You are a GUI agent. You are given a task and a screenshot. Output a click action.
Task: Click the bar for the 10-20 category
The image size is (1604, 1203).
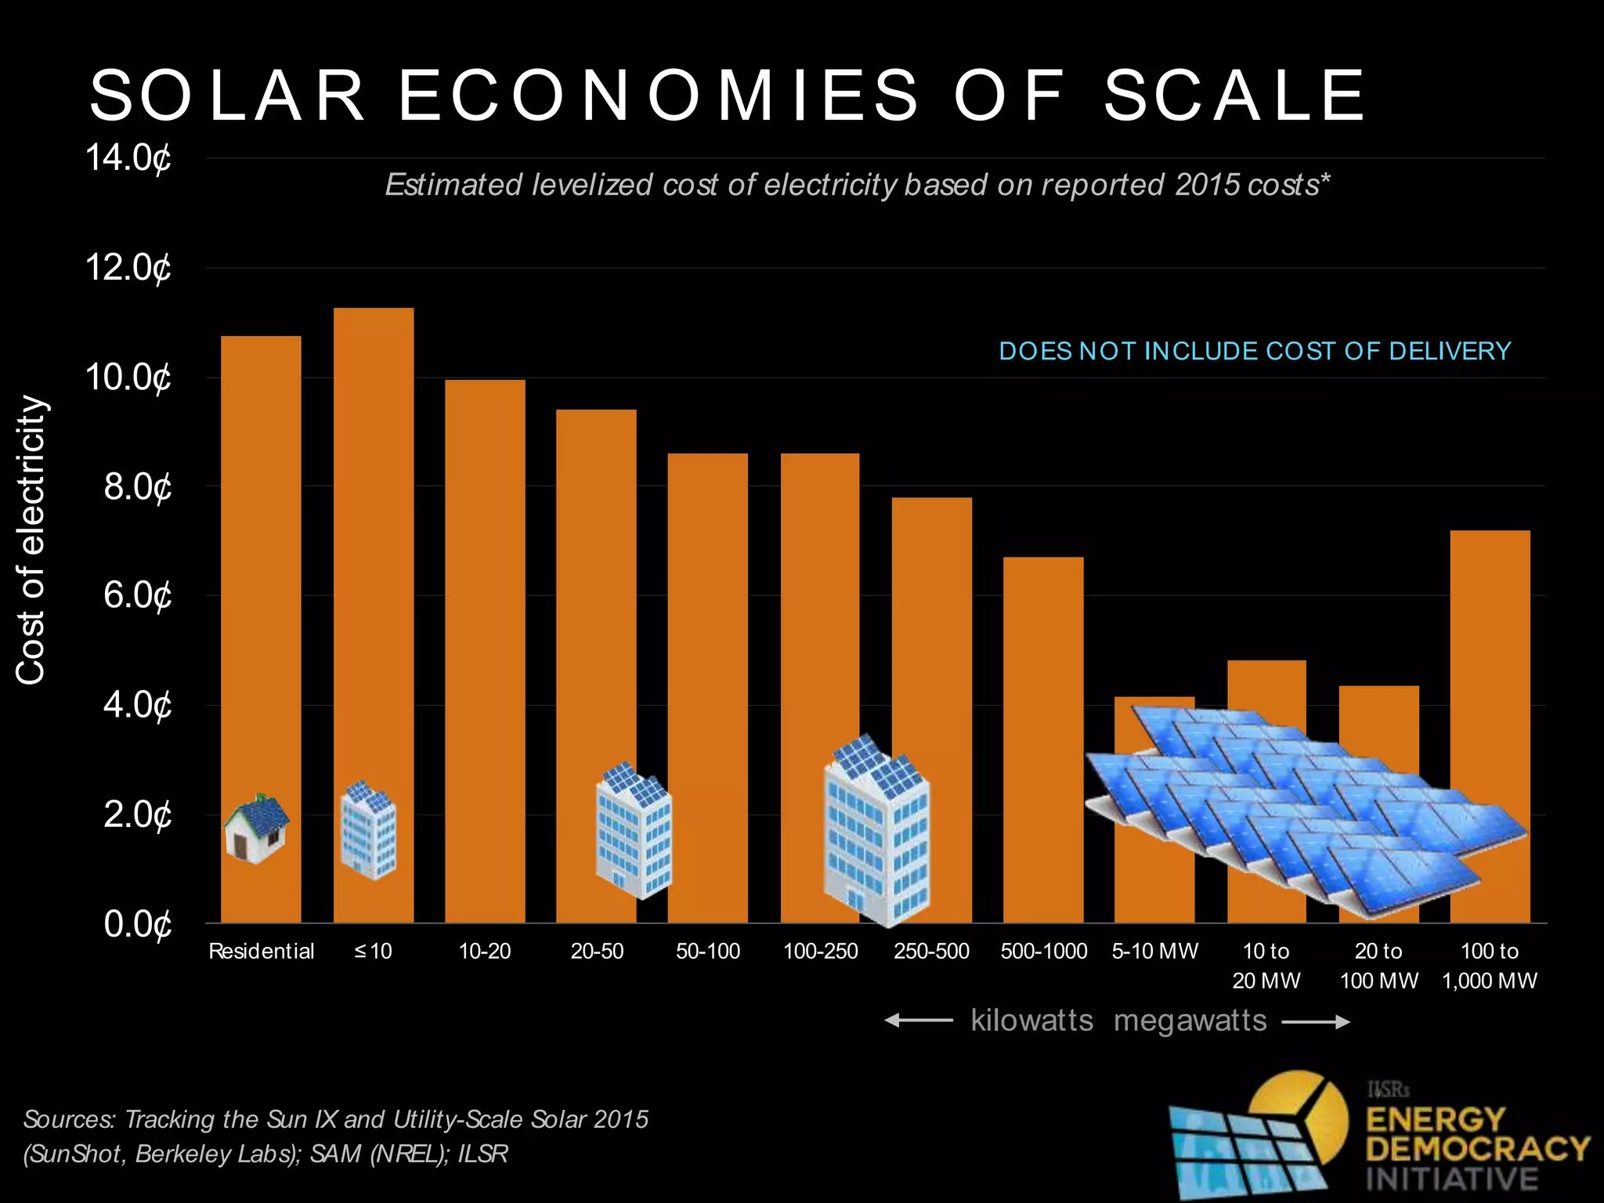(x=485, y=650)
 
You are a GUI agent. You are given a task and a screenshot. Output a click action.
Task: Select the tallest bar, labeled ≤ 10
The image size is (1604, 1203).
(x=374, y=548)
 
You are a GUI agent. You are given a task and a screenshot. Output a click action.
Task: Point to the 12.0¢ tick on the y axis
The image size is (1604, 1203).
(x=128, y=268)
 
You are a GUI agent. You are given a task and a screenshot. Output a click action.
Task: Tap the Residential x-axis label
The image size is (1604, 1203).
(x=261, y=952)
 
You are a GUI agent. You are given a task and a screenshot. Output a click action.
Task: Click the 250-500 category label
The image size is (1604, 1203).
(x=931, y=952)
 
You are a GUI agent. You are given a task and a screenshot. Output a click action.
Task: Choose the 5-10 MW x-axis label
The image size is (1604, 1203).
(x=1155, y=952)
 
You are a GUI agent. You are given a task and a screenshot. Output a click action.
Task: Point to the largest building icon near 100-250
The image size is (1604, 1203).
(x=876, y=830)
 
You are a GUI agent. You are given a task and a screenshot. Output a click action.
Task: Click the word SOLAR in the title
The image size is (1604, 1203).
(x=227, y=96)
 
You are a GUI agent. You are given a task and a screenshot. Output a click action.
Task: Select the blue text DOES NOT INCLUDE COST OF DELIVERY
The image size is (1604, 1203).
(x=1255, y=351)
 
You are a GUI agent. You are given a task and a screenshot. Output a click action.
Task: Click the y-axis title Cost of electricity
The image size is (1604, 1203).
(x=31, y=540)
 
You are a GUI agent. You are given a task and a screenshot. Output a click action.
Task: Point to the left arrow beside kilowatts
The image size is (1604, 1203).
(x=918, y=1021)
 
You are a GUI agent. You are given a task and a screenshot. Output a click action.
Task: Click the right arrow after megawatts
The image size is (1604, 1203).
(x=1316, y=1021)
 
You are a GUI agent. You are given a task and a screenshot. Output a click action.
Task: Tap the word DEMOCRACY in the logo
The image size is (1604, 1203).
(x=1477, y=1149)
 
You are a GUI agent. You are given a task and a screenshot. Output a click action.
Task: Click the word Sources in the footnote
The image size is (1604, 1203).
(x=70, y=1119)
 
